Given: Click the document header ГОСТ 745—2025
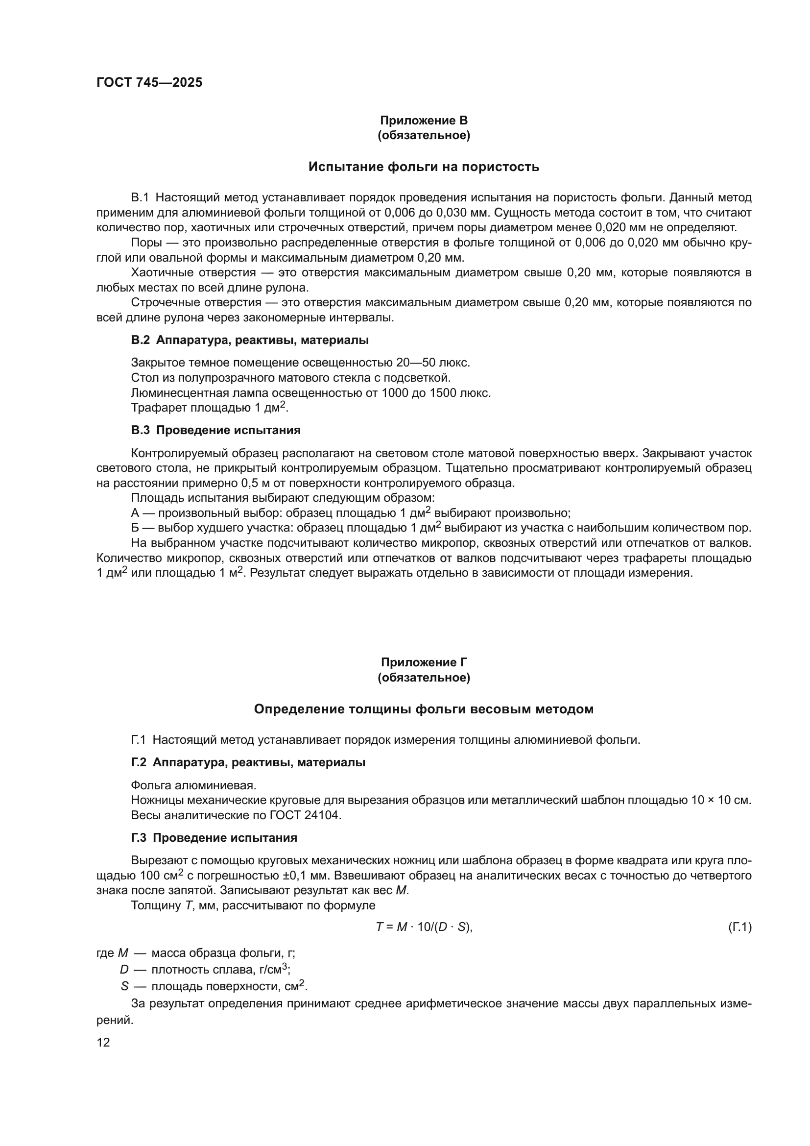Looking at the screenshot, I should coord(149,83).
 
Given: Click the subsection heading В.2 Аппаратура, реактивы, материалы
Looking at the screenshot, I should coord(250,341).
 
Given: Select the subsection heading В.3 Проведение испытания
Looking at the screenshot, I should coord(215,430).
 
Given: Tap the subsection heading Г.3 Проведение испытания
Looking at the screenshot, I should coord(214,838).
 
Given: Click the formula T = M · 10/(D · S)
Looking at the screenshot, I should coord(424,927).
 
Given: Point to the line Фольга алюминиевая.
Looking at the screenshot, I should coord(193,785).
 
